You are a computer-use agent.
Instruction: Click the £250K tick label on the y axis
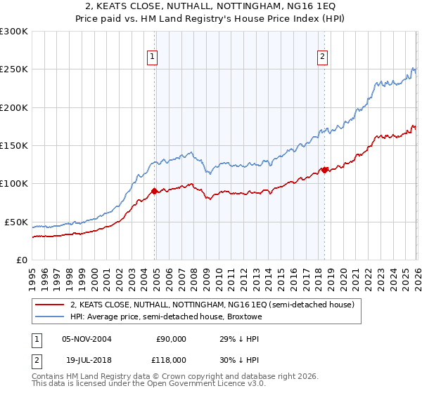point(13,69)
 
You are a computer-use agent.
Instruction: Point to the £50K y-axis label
point(16,222)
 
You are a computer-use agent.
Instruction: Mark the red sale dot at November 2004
point(154,191)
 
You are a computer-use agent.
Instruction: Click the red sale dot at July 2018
point(324,170)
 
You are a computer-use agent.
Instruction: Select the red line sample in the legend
point(50,305)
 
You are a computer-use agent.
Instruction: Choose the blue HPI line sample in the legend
point(50,317)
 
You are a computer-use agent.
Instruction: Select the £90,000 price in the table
point(170,338)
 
